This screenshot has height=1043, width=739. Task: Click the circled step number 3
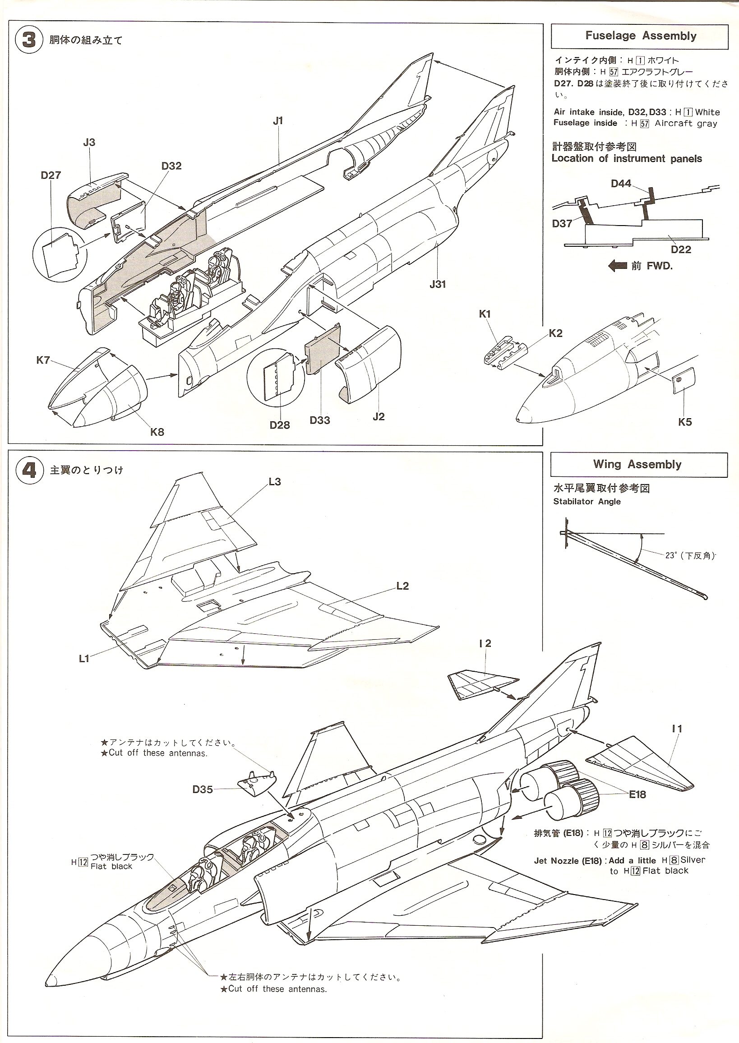click(29, 40)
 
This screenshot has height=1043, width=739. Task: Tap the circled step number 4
click(29, 470)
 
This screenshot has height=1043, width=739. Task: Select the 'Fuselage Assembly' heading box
click(640, 36)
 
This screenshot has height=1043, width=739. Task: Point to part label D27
click(51, 175)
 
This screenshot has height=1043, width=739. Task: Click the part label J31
click(437, 284)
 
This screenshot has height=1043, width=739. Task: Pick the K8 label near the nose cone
click(157, 432)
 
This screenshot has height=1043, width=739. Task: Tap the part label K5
click(684, 422)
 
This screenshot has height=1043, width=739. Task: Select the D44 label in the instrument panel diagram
click(621, 184)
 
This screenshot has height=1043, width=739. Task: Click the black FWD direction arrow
click(617, 266)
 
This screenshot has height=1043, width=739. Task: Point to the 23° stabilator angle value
click(671, 555)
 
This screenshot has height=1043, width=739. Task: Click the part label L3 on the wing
click(274, 481)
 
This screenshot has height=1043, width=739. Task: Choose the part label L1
click(84, 659)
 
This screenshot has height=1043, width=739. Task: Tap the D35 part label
click(203, 789)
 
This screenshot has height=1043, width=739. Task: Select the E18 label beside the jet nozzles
click(637, 794)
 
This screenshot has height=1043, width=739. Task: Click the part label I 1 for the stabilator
click(677, 729)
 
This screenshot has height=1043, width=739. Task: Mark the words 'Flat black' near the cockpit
click(111, 867)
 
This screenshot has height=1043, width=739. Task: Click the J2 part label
click(378, 416)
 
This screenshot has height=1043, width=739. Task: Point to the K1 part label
click(485, 314)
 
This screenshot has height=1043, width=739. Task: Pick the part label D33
click(319, 420)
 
